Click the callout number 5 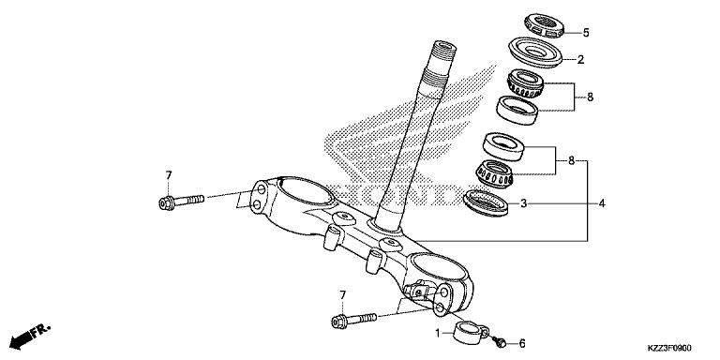pos(586,33)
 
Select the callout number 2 pos(580,59)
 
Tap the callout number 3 pos(524,202)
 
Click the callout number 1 pos(437,333)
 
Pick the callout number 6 pos(522,343)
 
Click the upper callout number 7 pos(169,175)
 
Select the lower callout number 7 pos(342,295)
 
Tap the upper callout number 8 pos(590,97)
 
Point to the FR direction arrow pos(28,336)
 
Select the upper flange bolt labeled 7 pos(182,201)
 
